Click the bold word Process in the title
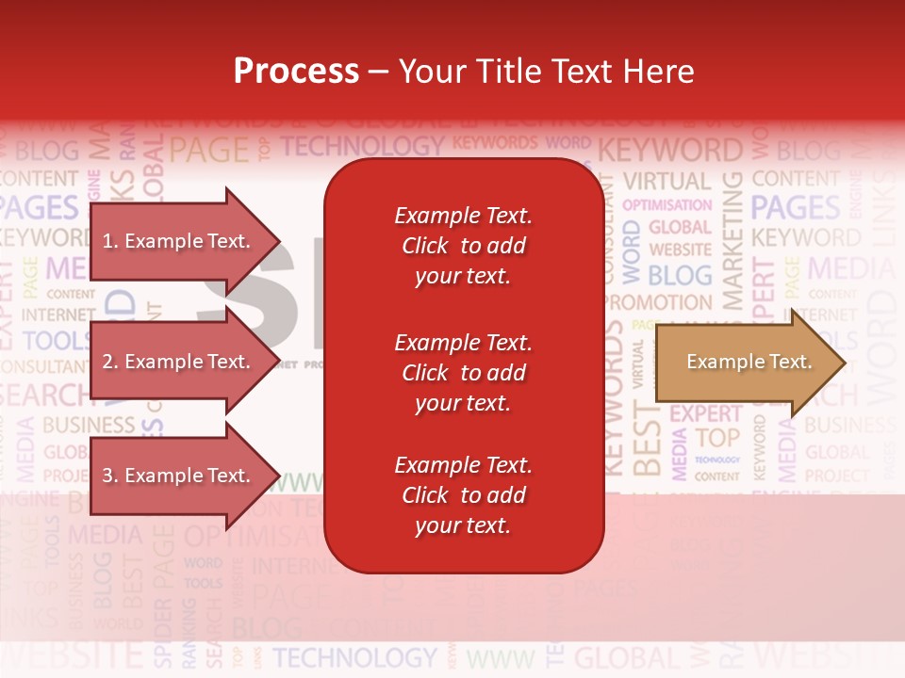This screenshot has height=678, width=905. pyautogui.click(x=296, y=71)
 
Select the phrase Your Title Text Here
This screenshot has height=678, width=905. pyautogui.click(x=546, y=71)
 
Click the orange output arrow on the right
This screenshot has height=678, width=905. pyautogui.click(x=749, y=363)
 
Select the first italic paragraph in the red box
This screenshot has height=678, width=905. pyautogui.click(x=463, y=246)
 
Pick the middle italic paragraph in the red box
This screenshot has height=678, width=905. pyautogui.click(x=463, y=373)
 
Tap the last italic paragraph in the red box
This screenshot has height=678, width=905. pyautogui.click(x=463, y=495)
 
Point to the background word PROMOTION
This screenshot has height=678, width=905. pyautogui.click(x=658, y=303)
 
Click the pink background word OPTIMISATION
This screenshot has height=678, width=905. pyautogui.click(x=667, y=204)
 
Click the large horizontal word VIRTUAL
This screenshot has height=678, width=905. pyautogui.click(x=666, y=181)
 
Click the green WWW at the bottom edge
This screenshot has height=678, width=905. pyautogui.click(x=500, y=658)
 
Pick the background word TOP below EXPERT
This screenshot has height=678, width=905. pyautogui.click(x=717, y=438)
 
